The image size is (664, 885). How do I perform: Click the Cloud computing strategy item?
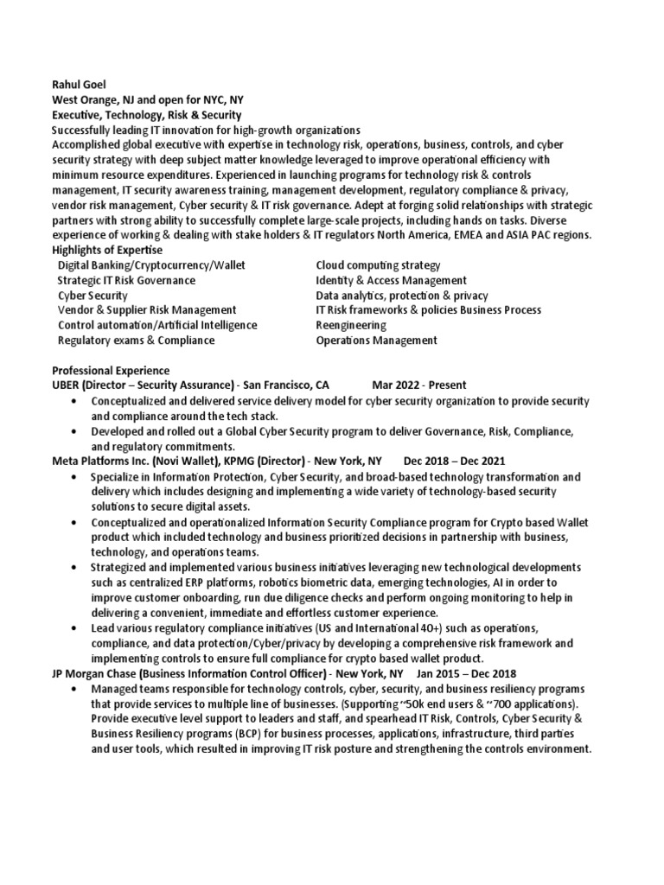tap(378, 265)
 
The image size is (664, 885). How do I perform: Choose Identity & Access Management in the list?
tap(391, 280)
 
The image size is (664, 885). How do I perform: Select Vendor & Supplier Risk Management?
tap(146, 310)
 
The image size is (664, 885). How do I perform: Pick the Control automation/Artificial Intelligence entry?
tap(156, 325)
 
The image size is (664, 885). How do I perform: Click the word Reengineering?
tap(351, 325)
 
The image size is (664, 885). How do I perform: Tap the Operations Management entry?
tap(376, 341)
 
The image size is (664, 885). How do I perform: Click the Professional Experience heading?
tap(112, 371)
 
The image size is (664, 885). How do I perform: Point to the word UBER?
tap(67, 385)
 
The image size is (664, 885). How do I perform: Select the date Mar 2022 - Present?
tap(421, 385)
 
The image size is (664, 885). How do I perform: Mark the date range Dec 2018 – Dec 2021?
tap(455, 462)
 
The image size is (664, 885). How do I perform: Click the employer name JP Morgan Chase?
tap(95, 672)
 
